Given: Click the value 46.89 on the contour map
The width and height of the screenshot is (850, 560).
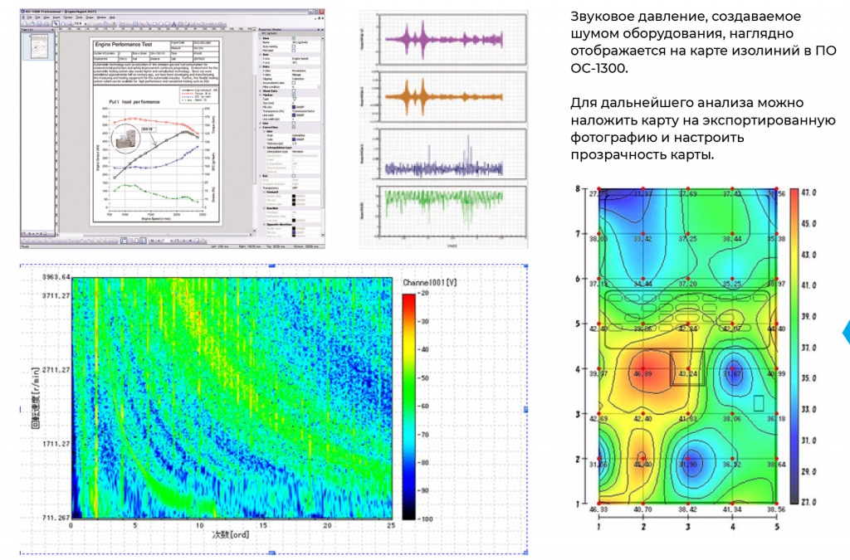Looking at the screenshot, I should (642, 375).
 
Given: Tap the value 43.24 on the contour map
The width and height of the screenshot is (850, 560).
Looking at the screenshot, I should (687, 375).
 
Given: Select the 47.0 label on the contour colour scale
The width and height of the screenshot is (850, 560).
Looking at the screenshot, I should (811, 192).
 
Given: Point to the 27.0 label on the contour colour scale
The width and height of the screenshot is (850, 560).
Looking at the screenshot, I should (811, 502).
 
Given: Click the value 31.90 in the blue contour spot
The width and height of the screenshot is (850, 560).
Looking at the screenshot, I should (687, 465).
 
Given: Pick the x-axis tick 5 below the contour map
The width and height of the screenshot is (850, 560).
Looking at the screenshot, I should (777, 524).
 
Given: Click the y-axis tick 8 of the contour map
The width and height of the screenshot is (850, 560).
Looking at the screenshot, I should (577, 189).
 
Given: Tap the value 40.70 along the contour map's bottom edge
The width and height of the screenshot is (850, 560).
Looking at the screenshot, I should (642, 509).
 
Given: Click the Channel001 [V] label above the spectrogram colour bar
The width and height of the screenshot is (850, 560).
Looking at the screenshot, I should (432, 282).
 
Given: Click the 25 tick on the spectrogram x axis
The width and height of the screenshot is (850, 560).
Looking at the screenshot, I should (389, 526).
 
